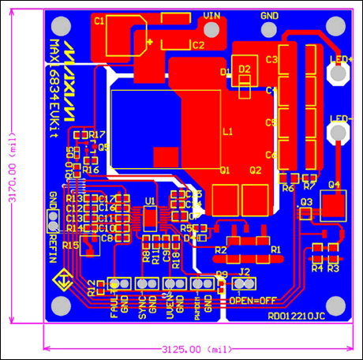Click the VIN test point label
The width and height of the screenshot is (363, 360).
[x=211, y=15]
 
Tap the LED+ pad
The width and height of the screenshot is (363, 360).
[x=339, y=73]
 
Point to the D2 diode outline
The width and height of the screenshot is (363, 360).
[x=245, y=73]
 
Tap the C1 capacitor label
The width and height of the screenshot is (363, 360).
[x=99, y=21]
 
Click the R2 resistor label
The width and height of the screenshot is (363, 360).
[x=222, y=249]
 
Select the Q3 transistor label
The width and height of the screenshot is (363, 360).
[x=306, y=202]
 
